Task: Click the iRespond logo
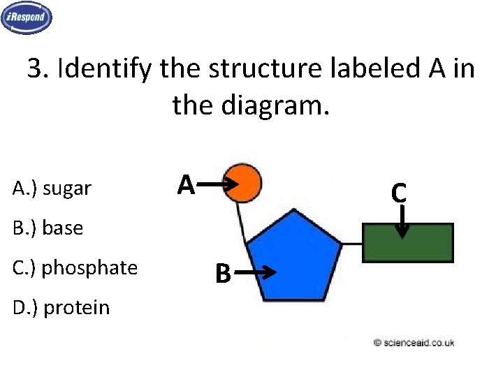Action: (x=27, y=18)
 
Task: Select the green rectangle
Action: (x=407, y=242)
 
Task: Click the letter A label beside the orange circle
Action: (x=185, y=185)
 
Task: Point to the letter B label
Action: (x=223, y=274)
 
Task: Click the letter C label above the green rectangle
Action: (x=399, y=192)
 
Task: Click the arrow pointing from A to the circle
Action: (x=217, y=185)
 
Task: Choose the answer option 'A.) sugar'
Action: (x=52, y=188)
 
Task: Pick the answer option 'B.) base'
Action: (x=48, y=228)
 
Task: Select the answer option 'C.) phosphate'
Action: (x=75, y=268)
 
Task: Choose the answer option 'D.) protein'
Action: (x=61, y=308)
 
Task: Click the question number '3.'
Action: (x=38, y=69)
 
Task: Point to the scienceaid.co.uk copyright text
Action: (x=414, y=342)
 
